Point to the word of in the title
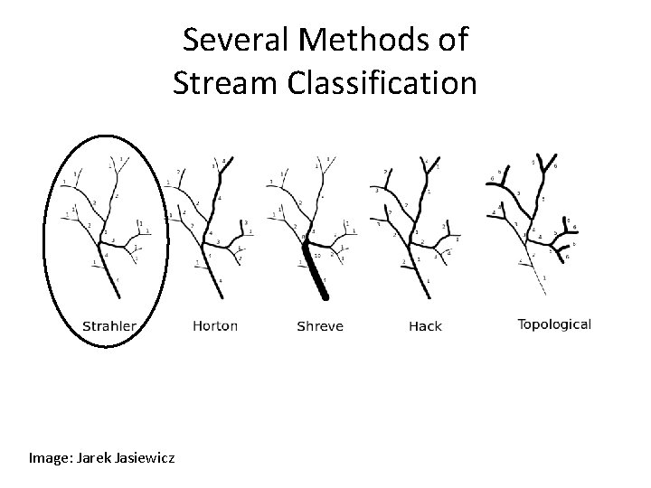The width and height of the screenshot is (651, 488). point(451,40)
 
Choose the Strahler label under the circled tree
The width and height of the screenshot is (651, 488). point(109,325)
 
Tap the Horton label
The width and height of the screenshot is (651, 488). point(215,325)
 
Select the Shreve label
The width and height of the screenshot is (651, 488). point(320,325)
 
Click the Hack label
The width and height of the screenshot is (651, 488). point(425,325)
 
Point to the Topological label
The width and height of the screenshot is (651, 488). point(554,324)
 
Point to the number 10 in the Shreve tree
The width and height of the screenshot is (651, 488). point(319,255)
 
